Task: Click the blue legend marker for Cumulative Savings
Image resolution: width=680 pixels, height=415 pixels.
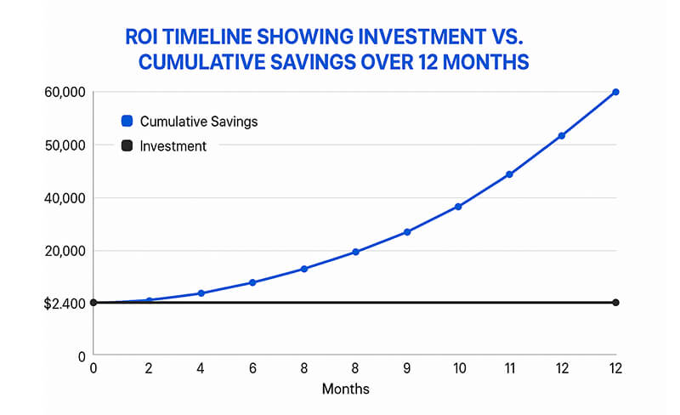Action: pos(127,121)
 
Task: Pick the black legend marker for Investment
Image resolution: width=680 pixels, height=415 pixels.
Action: pos(127,146)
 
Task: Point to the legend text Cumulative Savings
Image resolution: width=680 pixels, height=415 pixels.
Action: pos(198,122)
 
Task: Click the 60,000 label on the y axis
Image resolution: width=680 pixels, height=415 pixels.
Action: pos(61,92)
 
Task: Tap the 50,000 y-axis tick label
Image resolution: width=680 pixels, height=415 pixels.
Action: pos(61,145)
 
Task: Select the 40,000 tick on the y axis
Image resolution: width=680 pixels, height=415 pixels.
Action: pos(61,198)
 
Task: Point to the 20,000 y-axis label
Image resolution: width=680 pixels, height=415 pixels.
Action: pos(61,251)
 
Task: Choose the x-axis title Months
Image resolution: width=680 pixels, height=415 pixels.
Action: pos(346,389)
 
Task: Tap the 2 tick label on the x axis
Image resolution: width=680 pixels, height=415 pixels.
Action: pos(150,368)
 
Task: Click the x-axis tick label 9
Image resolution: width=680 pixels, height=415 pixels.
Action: pos(407,368)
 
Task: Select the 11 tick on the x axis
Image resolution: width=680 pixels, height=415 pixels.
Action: pos(510,368)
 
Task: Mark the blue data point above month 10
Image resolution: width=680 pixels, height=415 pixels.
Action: pos(458,207)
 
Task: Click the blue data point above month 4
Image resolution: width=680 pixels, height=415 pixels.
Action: pos(201,293)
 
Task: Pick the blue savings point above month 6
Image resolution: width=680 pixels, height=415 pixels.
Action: pos(252,282)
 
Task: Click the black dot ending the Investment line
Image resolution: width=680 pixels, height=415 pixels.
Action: pos(615,303)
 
